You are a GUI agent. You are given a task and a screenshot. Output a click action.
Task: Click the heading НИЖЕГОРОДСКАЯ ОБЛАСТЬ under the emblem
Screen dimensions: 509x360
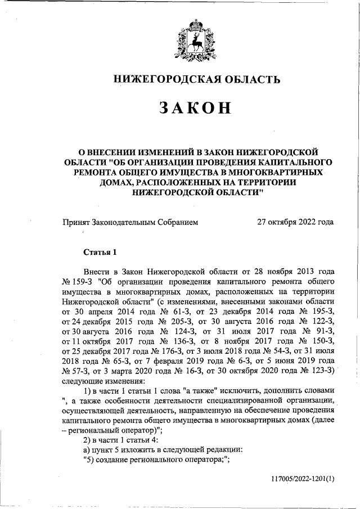pos(197,79)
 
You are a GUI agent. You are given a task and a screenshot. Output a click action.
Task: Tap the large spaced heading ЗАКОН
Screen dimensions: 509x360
pos(195,108)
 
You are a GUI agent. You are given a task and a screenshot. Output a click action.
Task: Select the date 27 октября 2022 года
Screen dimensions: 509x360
pos(295,222)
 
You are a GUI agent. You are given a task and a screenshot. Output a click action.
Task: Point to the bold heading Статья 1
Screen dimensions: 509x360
pos(100,250)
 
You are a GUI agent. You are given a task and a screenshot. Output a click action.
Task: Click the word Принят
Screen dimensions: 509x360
pos(77,222)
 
